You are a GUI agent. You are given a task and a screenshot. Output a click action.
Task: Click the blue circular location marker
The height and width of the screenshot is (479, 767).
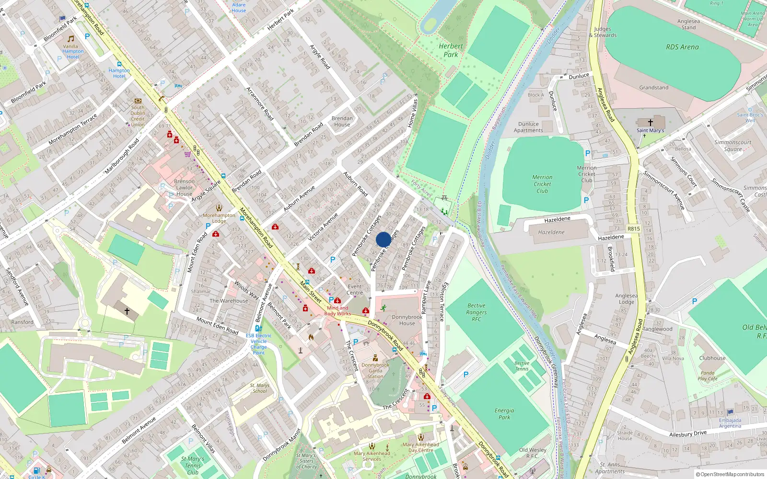pyautogui.click(x=383, y=239)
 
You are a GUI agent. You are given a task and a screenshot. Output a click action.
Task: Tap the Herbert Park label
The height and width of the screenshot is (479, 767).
pyautogui.click(x=451, y=50)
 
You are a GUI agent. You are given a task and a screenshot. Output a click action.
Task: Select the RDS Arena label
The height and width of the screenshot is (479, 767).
pyautogui.click(x=682, y=47)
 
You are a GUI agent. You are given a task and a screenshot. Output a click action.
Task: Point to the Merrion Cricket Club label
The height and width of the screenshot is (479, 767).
pyautogui.click(x=542, y=184)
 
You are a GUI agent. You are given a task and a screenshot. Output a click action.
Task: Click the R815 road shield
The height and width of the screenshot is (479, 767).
pyautogui.click(x=634, y=229)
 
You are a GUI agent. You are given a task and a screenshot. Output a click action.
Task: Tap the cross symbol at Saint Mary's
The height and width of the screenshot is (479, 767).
pyautogui.click(x=651, y=123)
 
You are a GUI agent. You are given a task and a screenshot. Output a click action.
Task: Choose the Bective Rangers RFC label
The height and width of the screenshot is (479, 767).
pyautogui.click(x=476, y=312)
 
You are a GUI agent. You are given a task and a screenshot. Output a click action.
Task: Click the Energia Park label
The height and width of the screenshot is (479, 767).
pyautogui.click(x=504, y=414)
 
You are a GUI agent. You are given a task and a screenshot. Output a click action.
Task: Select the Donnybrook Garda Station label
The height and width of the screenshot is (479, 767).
pyautogui.click(x=375, y=371)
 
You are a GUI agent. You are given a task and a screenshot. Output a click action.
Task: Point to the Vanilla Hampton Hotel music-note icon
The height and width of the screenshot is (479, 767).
pyautogui.click(x=71, y=38)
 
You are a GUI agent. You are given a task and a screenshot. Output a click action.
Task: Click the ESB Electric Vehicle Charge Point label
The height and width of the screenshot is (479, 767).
pyautogui.click(x=258, y=344)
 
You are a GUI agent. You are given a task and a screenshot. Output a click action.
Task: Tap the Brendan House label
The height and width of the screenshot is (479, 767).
pyautogui.click(x=342, y=121)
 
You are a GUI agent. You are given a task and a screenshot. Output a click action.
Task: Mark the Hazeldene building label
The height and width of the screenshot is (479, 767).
pyautogui.click(x=551, y=232)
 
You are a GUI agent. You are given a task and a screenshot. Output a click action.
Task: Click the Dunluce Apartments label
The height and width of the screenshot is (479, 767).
pyautogui.click(x=528, y=127)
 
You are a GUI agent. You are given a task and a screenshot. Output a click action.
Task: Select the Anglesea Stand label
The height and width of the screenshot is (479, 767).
pyautogui.click(x=688, y=24)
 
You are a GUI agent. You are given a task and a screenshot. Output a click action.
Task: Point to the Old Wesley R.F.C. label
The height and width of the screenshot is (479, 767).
pyautogui.click(x=533, y=453)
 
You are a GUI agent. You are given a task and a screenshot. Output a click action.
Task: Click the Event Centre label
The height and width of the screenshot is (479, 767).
pyautogui.click(x=355, y=289)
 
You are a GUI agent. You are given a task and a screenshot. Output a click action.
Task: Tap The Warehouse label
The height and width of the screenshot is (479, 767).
pyautogui.click(x=229, y=301)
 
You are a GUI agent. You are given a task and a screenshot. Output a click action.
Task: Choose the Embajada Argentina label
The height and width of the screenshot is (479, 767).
pyautogui.click(x=730, y=423)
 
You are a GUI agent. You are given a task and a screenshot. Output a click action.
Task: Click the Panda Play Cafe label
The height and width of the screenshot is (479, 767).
pyautogui.click(x=708, y=376)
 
